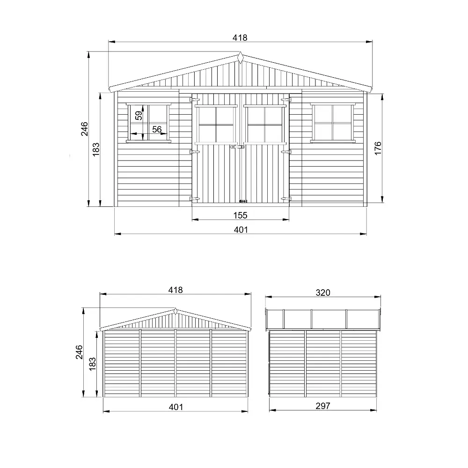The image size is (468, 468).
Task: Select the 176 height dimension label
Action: (378, 148)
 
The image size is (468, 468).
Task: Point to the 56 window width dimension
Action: (157, 130)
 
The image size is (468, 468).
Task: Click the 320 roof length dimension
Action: (323, 292)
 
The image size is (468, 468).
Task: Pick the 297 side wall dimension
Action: (323, 406)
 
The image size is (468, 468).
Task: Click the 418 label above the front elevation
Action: (240, 37)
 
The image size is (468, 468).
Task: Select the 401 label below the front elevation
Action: (240, 229)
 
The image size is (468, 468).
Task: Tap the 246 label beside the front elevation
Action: (85, 129)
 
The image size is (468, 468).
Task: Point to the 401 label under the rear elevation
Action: (175, 407)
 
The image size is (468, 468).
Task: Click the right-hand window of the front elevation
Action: (333, 123)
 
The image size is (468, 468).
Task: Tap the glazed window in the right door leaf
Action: (264, 124)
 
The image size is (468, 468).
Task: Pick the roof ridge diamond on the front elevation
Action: (240, 58)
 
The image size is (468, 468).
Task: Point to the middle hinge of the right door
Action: (286, 152)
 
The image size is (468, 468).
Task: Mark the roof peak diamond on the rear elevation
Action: (175, 311)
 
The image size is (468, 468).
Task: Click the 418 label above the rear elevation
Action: (175, 290)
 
